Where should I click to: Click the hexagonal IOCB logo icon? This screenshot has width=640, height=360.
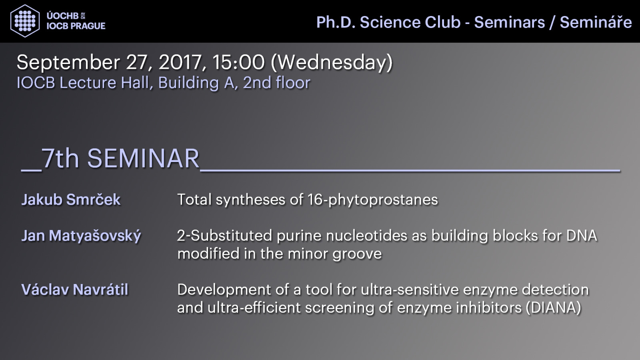25,21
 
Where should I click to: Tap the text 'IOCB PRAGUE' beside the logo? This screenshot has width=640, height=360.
76,26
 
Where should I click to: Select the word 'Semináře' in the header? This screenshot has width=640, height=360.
596,22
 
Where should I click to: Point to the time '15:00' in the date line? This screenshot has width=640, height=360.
238,62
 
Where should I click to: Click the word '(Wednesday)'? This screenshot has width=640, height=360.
332,62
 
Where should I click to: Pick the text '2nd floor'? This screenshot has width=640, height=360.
276,83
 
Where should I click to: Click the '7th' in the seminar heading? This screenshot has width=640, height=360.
60,158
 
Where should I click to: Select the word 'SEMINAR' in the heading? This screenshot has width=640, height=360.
143,158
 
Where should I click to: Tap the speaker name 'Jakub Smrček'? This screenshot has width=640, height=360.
71,200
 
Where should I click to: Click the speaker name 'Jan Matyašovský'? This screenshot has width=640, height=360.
81,236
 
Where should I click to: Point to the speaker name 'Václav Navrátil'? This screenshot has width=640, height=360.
74,290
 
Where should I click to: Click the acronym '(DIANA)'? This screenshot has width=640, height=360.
554,308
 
